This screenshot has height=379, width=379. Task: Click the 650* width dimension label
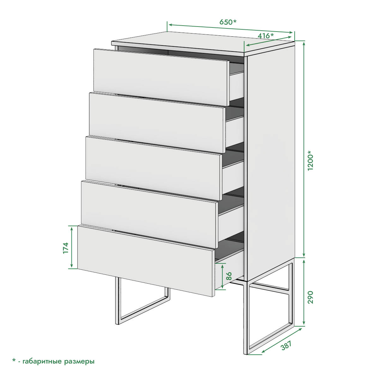228,22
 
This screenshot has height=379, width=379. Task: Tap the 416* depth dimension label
266,36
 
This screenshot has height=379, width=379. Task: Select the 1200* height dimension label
310,160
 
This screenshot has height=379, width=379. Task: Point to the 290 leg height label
310,298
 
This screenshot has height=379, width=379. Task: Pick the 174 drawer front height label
66,248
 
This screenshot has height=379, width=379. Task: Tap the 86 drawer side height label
229,276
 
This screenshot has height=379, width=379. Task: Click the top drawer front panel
161,77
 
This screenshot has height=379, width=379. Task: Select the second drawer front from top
157,123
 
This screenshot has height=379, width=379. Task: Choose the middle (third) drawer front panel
153,168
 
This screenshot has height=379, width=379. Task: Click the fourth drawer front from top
149,214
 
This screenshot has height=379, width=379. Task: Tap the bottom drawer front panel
146,261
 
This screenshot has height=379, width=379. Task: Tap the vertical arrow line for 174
72,247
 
